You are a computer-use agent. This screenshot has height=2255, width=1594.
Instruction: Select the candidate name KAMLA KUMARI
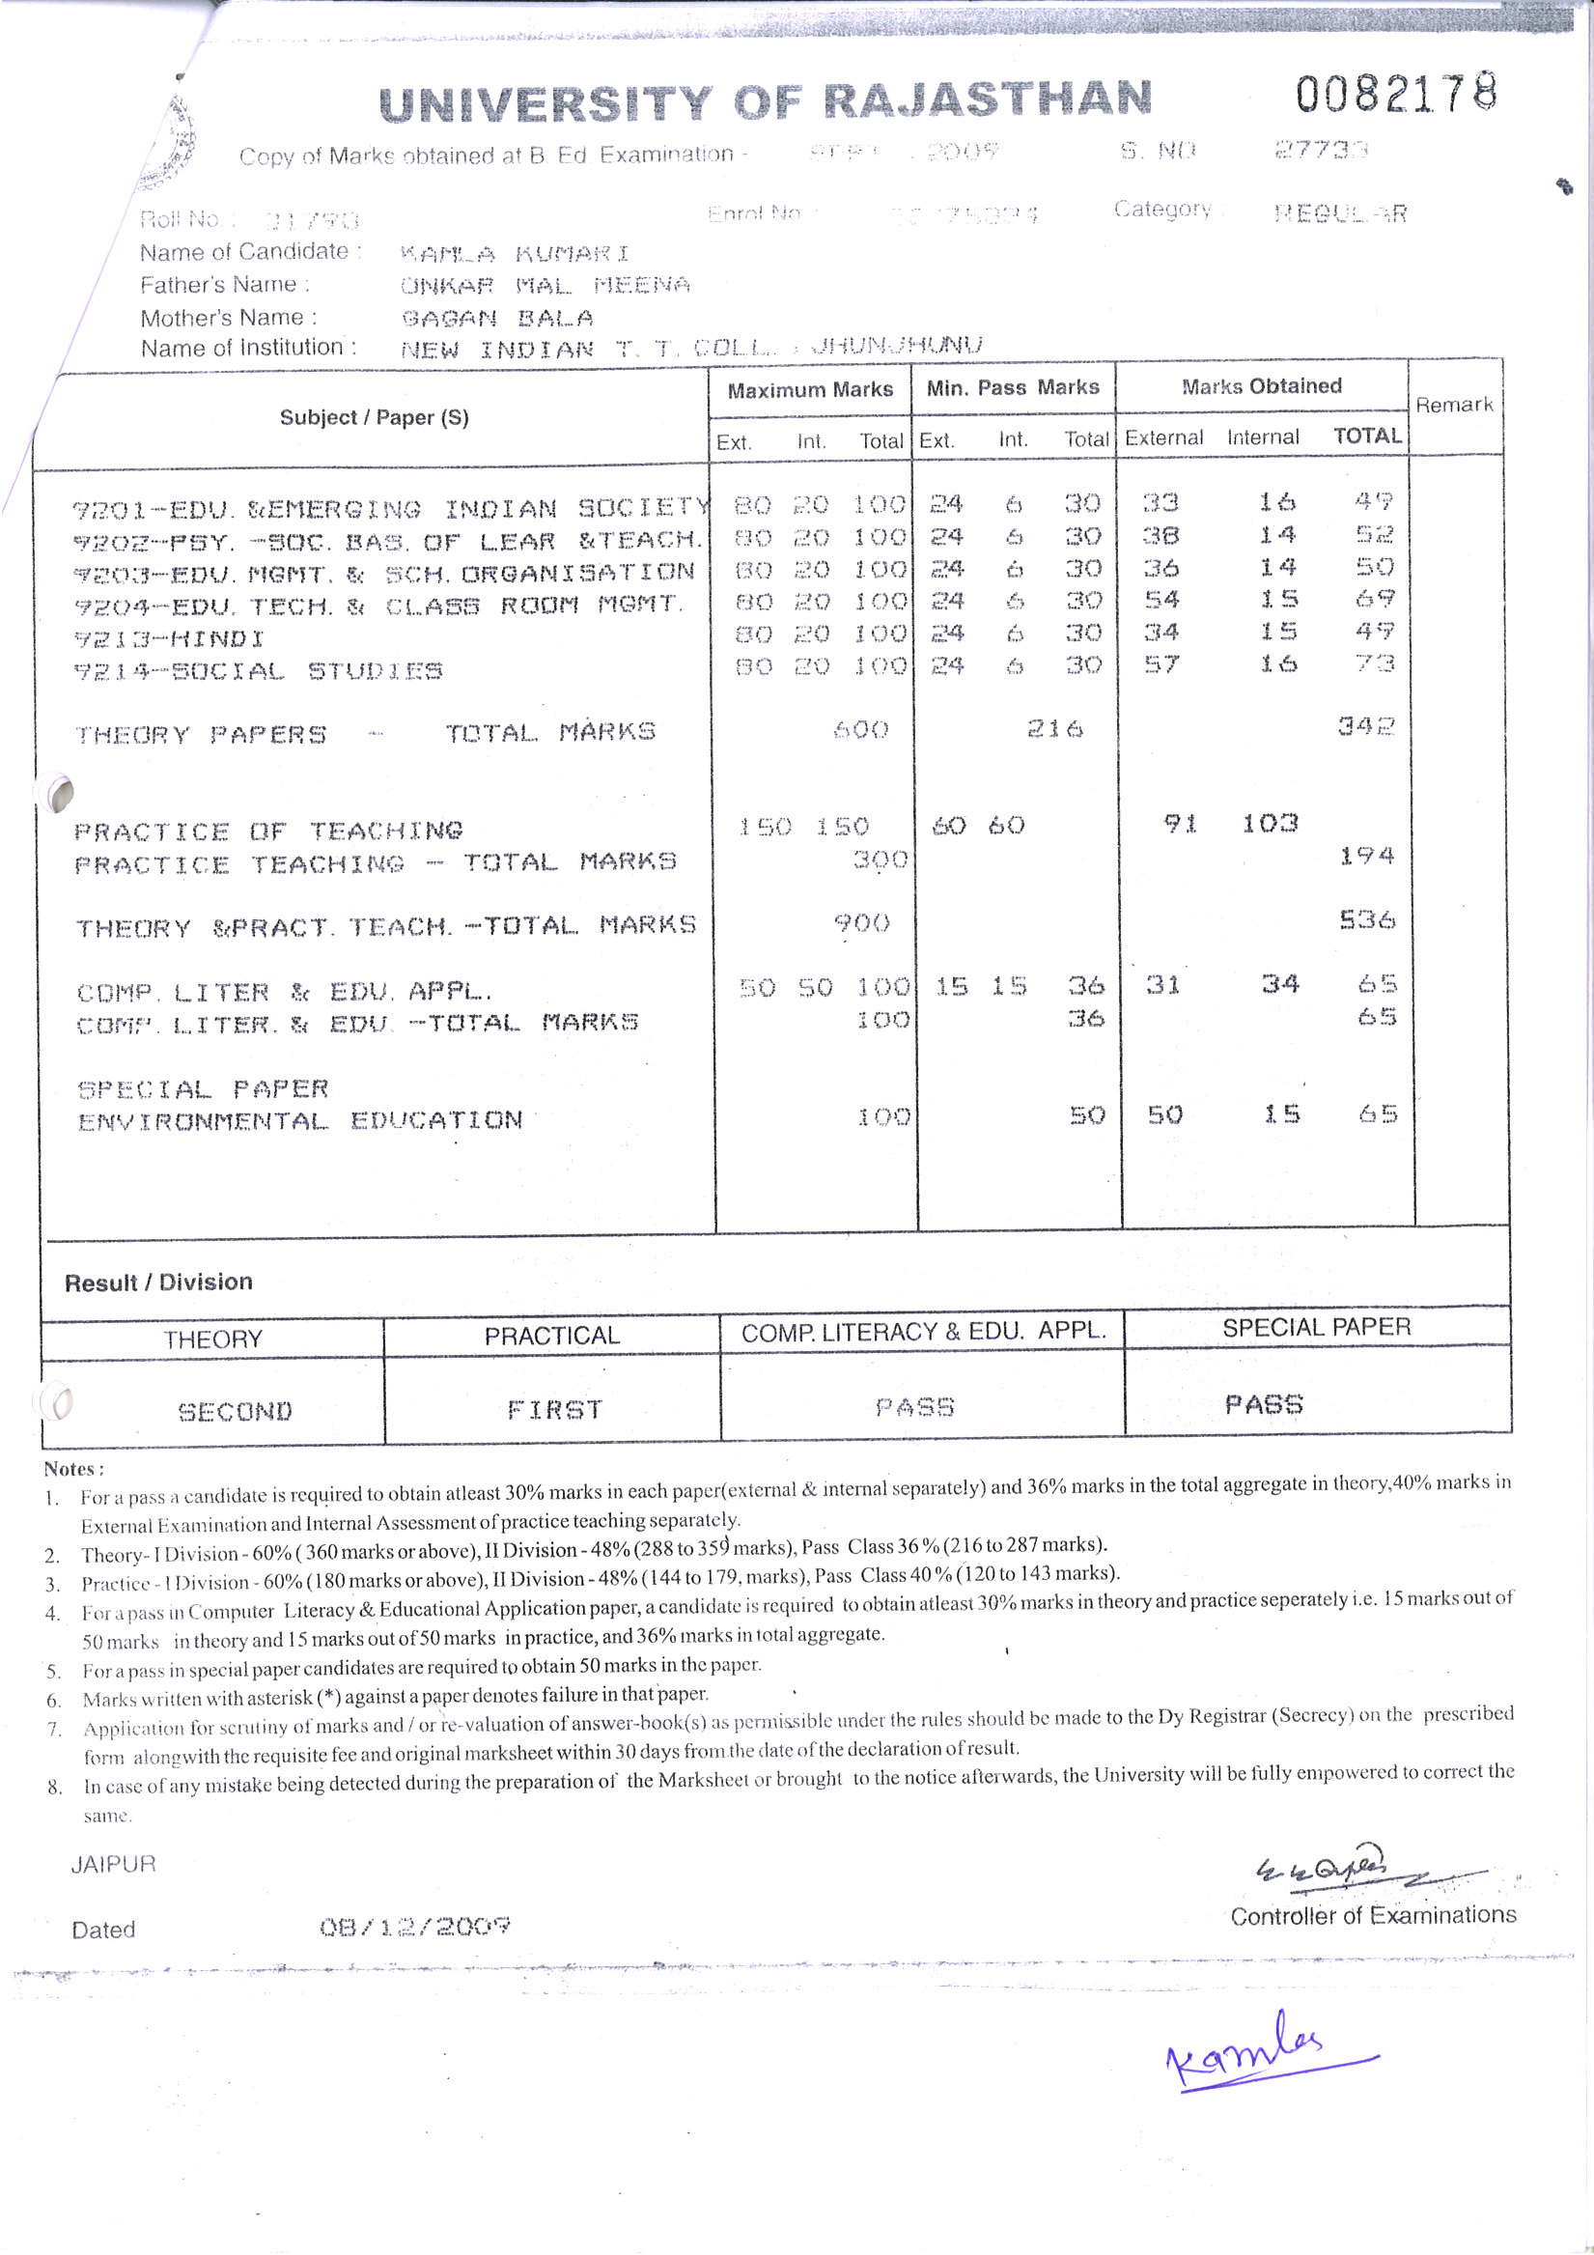click(x=515, y=254)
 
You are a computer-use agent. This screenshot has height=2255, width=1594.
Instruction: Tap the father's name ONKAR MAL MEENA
click(x=545, y=286)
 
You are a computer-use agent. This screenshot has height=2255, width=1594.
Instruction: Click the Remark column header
click(x=1454, y=405)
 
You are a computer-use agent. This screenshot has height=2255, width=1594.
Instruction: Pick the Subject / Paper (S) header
click(x=375, y=417)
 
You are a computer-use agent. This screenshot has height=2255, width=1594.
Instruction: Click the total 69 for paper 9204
click(x=1374, y=598)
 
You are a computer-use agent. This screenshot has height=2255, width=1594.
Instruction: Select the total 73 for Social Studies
click(x=1374, y=662)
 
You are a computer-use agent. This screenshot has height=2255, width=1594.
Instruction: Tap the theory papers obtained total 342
click(x=1365, y=727)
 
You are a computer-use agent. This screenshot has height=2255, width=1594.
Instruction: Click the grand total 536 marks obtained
click(x=1366, y=919)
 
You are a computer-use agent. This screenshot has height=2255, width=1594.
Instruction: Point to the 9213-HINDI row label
click(x=169, y=639)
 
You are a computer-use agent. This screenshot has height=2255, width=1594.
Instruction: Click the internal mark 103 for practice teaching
click(x=1269, y=823)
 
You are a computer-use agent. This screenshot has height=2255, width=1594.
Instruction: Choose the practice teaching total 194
click(x=1366, y=857)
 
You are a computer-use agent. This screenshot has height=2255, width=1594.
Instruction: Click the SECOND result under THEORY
click(x=235, y=1411)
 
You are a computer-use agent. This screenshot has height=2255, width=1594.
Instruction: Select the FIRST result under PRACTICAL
click(x=554, y=1410)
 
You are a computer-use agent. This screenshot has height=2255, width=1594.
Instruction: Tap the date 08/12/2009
click(x=414, y=1926)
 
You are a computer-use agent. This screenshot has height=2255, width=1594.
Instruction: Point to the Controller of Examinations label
click(x=1372, y=1916)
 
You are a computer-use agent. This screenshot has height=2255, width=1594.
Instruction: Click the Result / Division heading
click(x=158, y=1282)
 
